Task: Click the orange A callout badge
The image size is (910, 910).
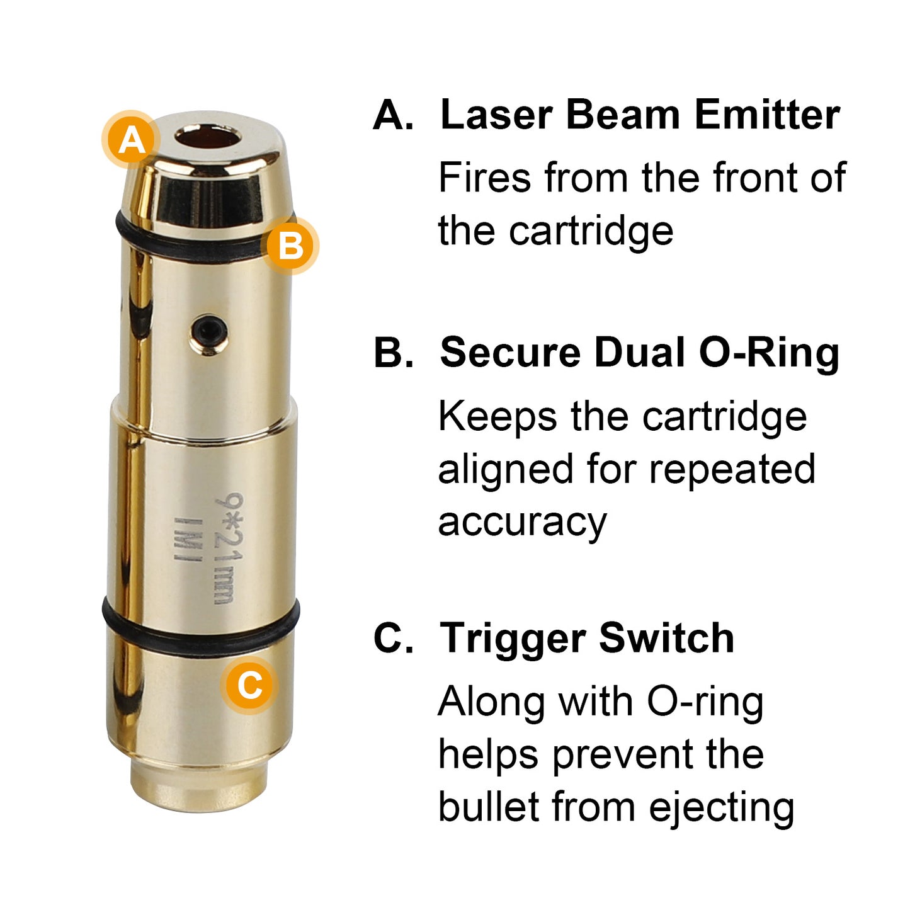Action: tap(131, 140)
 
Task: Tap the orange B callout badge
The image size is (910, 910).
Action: tap(290, 246)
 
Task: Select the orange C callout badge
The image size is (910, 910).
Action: tap(249, 685)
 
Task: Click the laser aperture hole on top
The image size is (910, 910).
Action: tap(208, 137)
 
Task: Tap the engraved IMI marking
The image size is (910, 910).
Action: tap(188, 539)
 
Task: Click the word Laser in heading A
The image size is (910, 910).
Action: tap(496, 115)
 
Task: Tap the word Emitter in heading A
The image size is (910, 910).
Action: tap(767, 115)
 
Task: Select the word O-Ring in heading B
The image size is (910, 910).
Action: tap(769, 353)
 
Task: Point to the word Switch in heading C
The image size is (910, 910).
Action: tap(666, 637)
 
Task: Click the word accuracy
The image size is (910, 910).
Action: tap(522, 523)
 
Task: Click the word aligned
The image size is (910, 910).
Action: tap(505, 470)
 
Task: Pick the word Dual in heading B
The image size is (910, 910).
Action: tap(639, 353)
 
